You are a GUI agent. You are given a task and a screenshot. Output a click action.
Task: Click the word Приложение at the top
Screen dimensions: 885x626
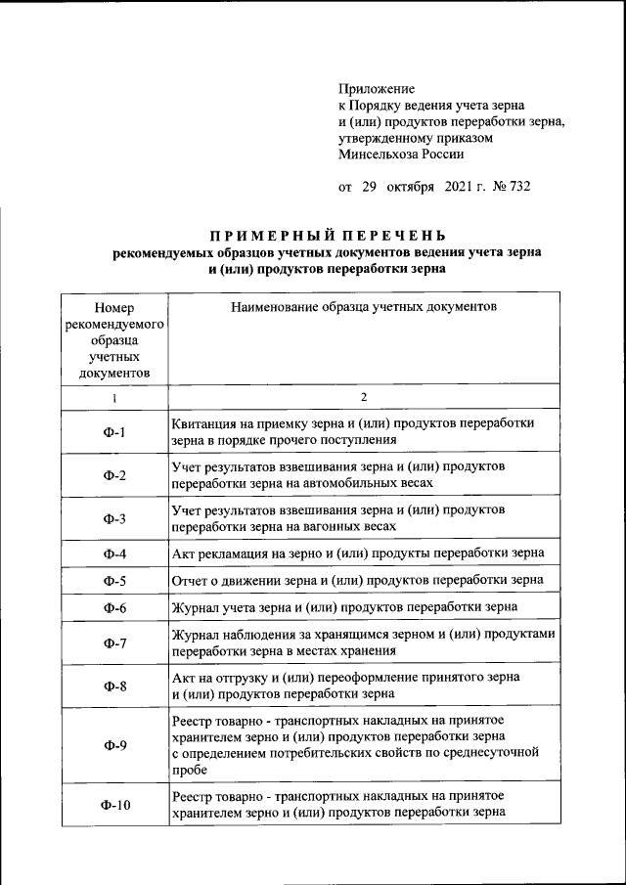click(x=376, y=88)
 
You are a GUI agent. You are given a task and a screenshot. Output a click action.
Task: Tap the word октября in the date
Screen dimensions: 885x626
click(x=410, y=187)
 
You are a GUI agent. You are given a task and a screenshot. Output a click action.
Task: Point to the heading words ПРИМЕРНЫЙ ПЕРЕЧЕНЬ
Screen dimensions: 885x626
click(x=328, y=235)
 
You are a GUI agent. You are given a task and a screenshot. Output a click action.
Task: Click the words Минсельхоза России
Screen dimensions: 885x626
click(x=401, y=154)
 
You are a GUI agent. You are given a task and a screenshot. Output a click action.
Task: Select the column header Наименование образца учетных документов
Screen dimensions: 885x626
click(x=364, y=307)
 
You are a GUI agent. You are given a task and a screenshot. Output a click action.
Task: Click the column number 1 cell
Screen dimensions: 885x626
click(x=113, y=398)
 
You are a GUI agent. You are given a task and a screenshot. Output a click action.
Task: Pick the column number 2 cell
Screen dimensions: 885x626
click(x=364, y=397)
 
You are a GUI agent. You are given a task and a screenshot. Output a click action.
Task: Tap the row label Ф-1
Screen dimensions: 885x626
click(x=114, y=431)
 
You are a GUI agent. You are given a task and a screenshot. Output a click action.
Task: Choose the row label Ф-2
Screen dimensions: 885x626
click(x=114, y=475)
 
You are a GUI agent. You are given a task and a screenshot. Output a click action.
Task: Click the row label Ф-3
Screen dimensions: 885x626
click(x=114, y=518)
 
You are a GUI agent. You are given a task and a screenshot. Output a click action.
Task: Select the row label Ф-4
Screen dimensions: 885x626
click(x=114, y=554)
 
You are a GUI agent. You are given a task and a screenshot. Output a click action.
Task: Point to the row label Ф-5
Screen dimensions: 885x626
click(x=114, y=581)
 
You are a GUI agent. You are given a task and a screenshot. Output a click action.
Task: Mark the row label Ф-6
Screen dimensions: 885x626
click(x=114, y=607)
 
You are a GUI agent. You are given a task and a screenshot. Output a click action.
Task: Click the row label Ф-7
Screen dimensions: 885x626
click(x=114, y=642)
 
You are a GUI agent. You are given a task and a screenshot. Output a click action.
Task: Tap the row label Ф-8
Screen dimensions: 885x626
click(x=114, y=686)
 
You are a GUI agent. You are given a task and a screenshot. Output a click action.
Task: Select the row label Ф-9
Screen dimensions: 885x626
click(x=114, y=745)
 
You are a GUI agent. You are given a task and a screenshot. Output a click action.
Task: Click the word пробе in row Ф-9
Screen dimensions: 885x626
click(x=189, y=771)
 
